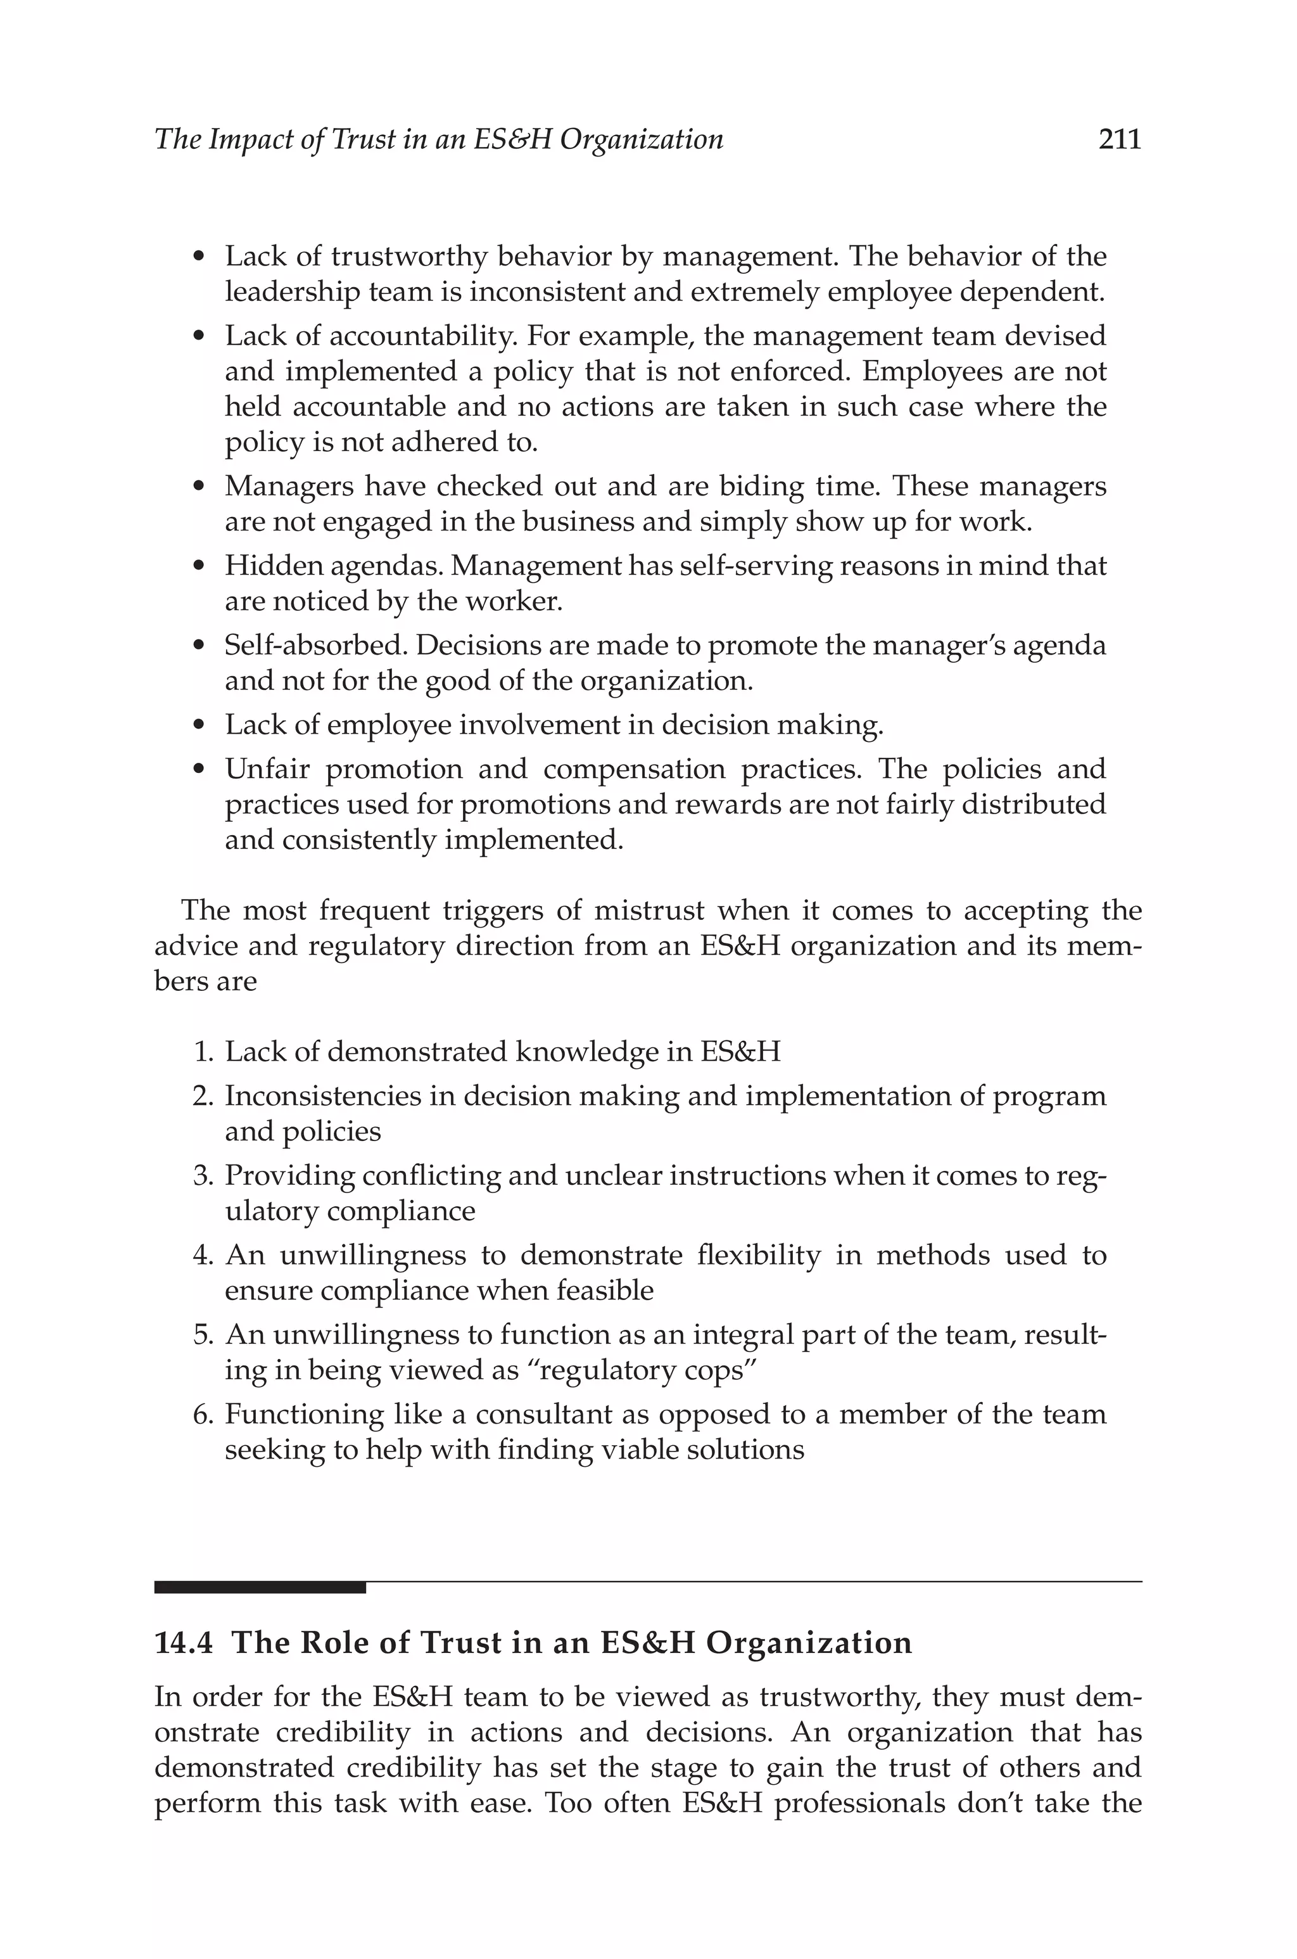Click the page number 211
[x=1119, y=139]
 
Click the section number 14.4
[x=183, y=1643]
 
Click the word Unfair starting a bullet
[x=267, y=769]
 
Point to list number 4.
[x=203, y=1256]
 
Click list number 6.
[x=203, y=1415]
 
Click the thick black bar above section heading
[x=260, y=1588]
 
